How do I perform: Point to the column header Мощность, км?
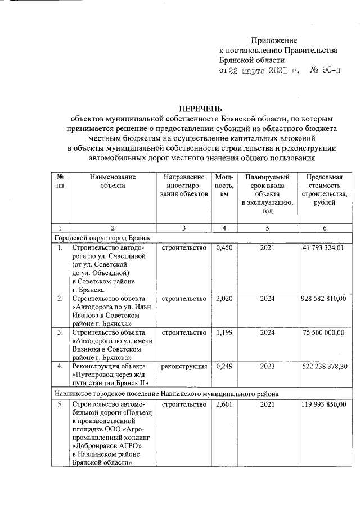coord(224,185)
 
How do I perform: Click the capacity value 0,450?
coord(224,247)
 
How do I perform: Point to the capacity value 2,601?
coord(224,404)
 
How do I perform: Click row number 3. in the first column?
coord(60,332)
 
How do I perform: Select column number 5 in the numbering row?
coord(267,228)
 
